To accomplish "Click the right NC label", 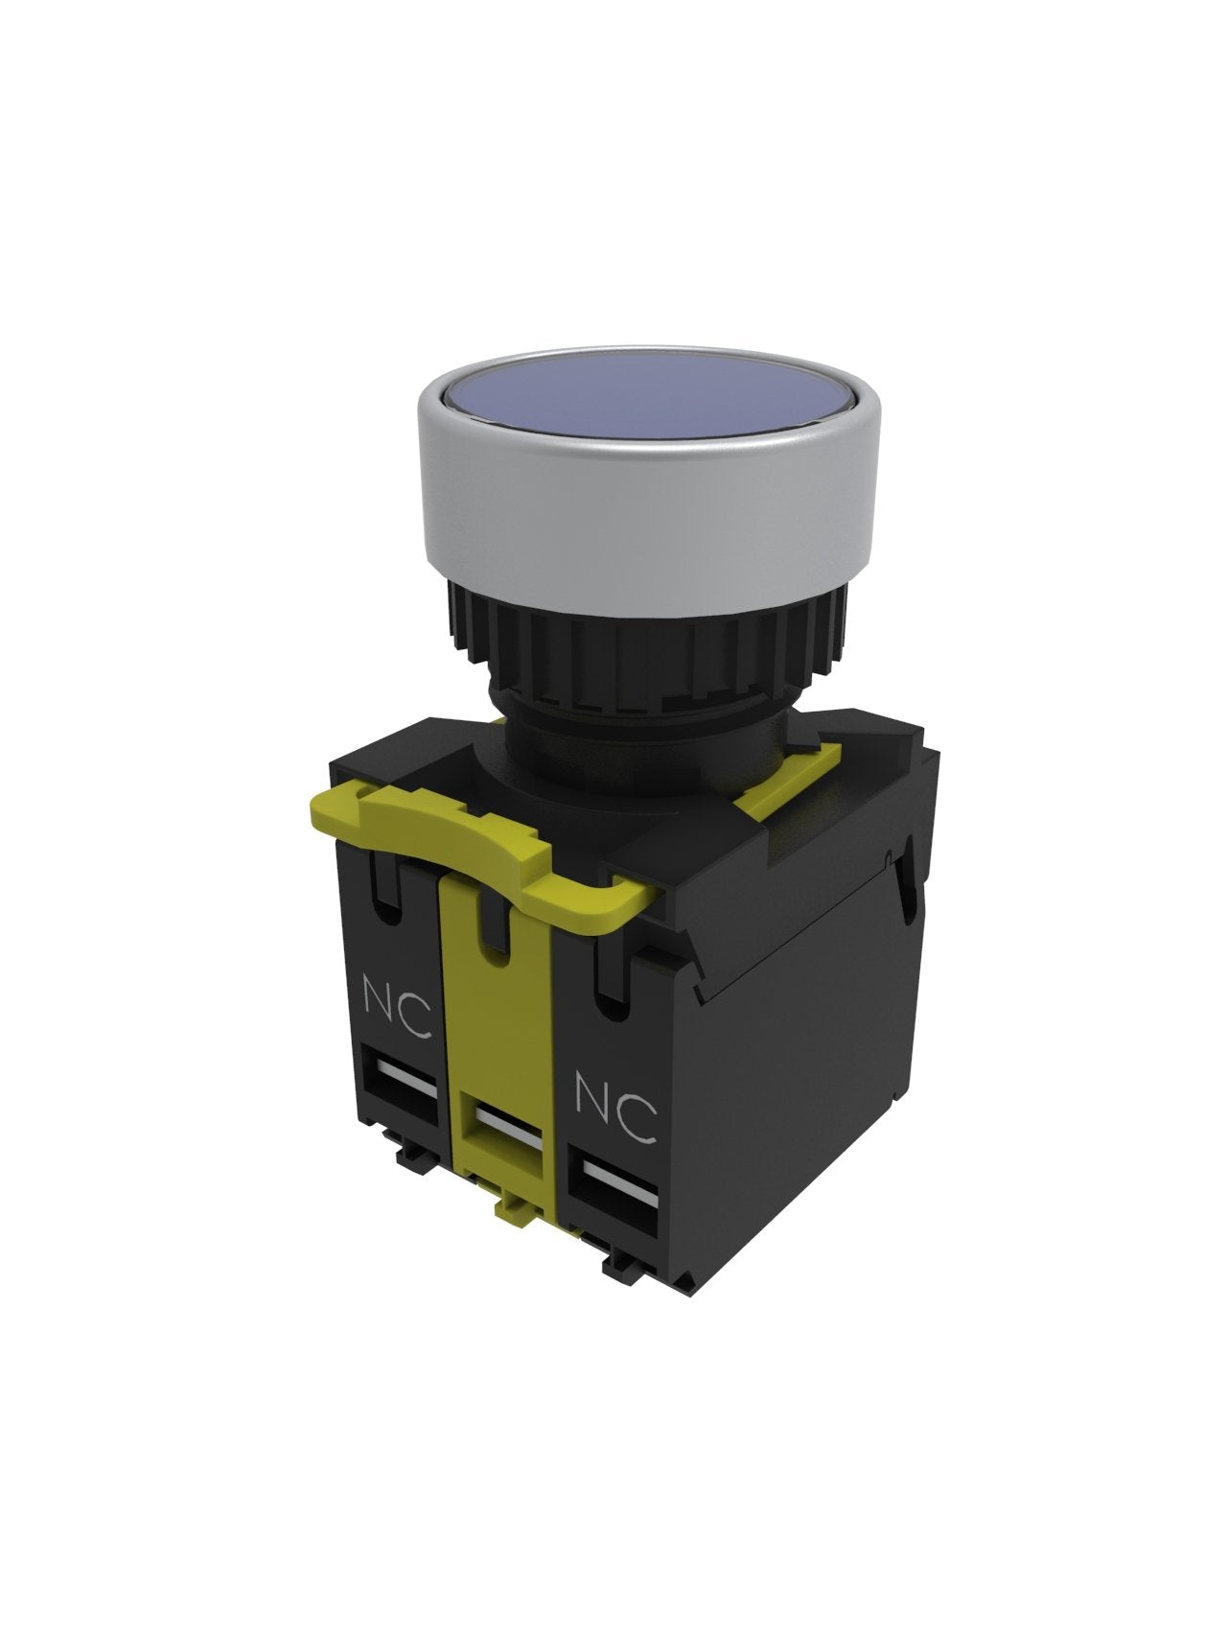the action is click(x=615, y=1108).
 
